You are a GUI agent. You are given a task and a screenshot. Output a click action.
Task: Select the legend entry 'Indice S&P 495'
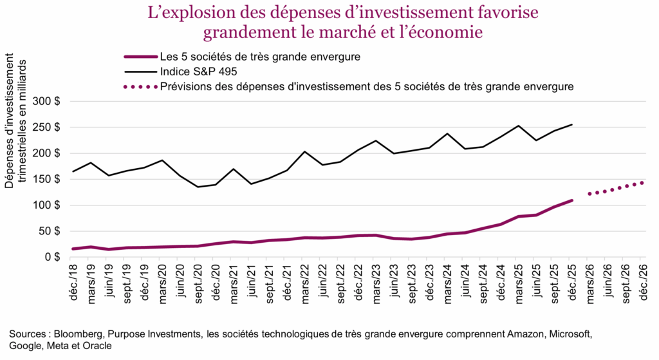click(x=197, y=71)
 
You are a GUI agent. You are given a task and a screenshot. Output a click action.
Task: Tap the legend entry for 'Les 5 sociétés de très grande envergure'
click(x=260, y=57)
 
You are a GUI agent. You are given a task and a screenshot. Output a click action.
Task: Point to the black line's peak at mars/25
click(x=518, y=126)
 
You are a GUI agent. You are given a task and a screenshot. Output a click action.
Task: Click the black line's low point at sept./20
click(x=198, y=187)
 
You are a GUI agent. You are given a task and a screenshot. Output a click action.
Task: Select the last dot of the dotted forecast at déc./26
click(x=642, y=182)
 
